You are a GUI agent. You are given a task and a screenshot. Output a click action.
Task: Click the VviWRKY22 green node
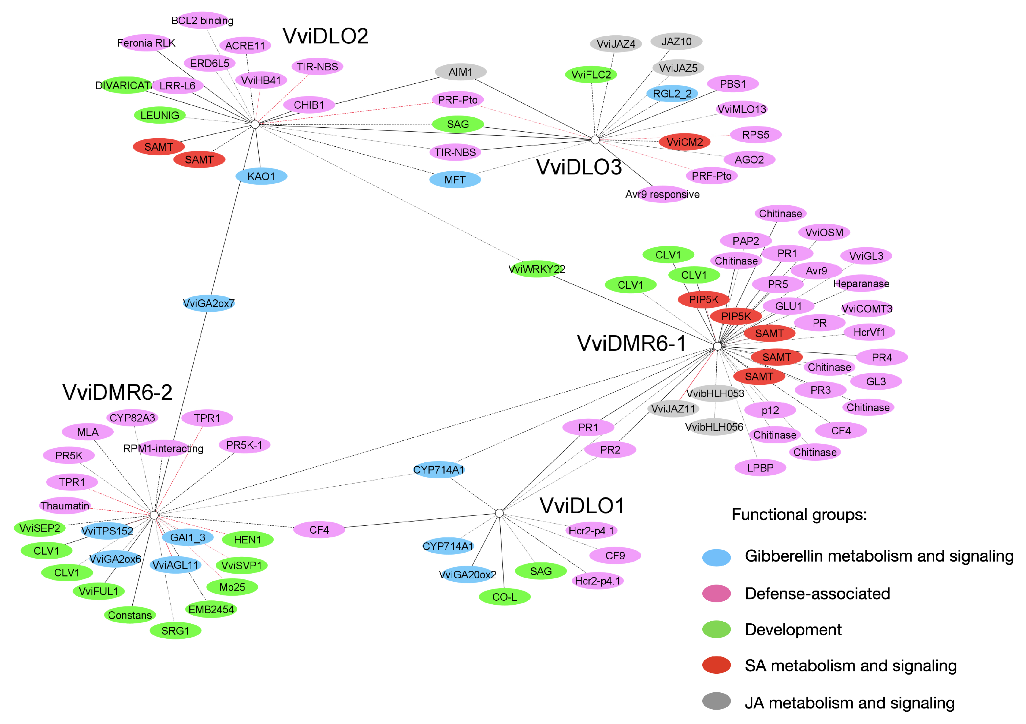click(536, 269)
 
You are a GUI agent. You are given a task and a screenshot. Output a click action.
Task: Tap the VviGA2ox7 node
click(209, 303)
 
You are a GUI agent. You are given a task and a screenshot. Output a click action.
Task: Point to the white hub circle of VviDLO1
click(499, 513)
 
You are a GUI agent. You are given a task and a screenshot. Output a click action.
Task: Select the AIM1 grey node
click(460, 72)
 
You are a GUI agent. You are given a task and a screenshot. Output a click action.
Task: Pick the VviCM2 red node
click(684, 142)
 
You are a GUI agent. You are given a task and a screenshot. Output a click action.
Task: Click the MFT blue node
click(455, 179)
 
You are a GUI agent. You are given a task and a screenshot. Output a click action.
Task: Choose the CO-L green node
click(504, 597)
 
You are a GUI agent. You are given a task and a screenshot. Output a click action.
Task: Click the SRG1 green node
click(175, 631)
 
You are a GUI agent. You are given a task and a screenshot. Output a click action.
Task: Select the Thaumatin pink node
click(65, 505)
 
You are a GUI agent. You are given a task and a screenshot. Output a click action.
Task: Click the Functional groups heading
click(799, 514)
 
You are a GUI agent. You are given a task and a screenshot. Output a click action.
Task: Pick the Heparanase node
click(861, 284)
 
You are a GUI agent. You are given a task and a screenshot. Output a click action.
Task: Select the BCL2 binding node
click(203, 20)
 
